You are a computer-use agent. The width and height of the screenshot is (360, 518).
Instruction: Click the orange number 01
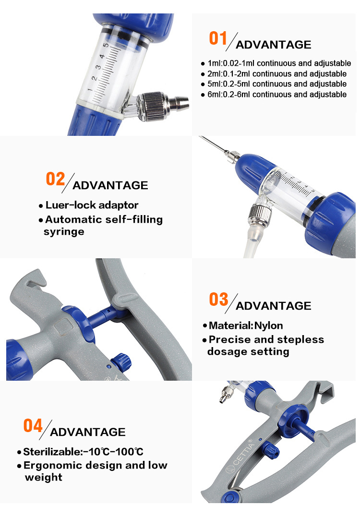(x=218, y=38)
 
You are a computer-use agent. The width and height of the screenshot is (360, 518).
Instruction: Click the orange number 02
(x=55, y=179)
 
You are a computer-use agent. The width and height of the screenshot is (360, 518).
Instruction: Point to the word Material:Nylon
(x=246, y=326)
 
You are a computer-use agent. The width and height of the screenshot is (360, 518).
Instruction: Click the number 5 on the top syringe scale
(x=103, y=46)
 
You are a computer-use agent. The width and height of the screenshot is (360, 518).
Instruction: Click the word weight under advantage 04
(x=43, y=477)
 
